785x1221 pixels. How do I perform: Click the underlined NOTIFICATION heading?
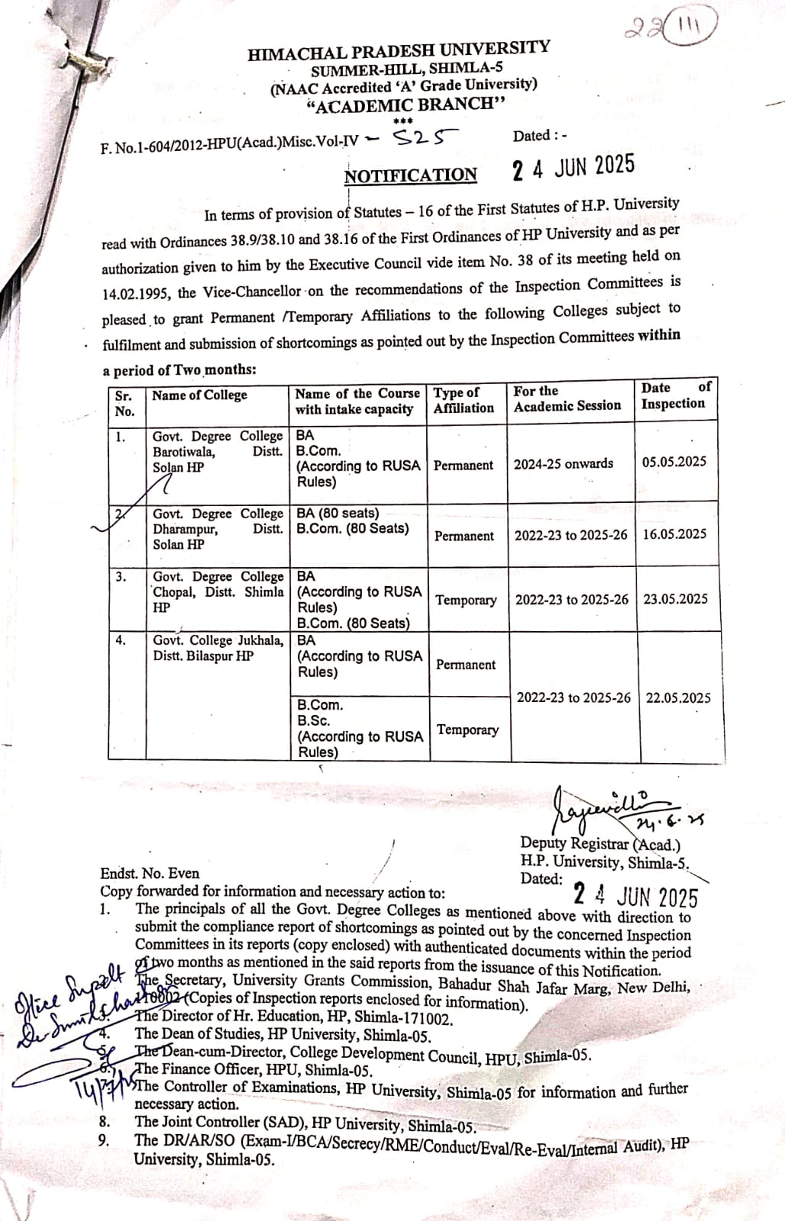pos(411,176)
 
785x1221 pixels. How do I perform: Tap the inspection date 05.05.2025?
pos(674,462)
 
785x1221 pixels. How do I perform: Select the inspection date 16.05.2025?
pos(674,534)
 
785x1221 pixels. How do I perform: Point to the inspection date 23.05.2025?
pos(675,599)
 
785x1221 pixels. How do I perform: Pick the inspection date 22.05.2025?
pos(678,697)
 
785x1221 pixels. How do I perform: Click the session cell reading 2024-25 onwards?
pos(564,463)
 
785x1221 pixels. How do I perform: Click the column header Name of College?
pos(199,395)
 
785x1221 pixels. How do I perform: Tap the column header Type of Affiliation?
pos(464,400)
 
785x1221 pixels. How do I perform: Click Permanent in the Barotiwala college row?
pos(464,465)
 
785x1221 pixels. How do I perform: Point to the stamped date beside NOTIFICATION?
pos(573,167)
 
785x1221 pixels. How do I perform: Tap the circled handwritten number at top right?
pos(672,30)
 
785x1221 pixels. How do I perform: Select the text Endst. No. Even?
pos(150,874)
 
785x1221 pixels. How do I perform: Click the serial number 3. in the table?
pos(121,577)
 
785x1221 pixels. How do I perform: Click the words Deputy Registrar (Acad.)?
pos(600,844)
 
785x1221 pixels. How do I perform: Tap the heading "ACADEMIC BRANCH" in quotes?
pos(405,105)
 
